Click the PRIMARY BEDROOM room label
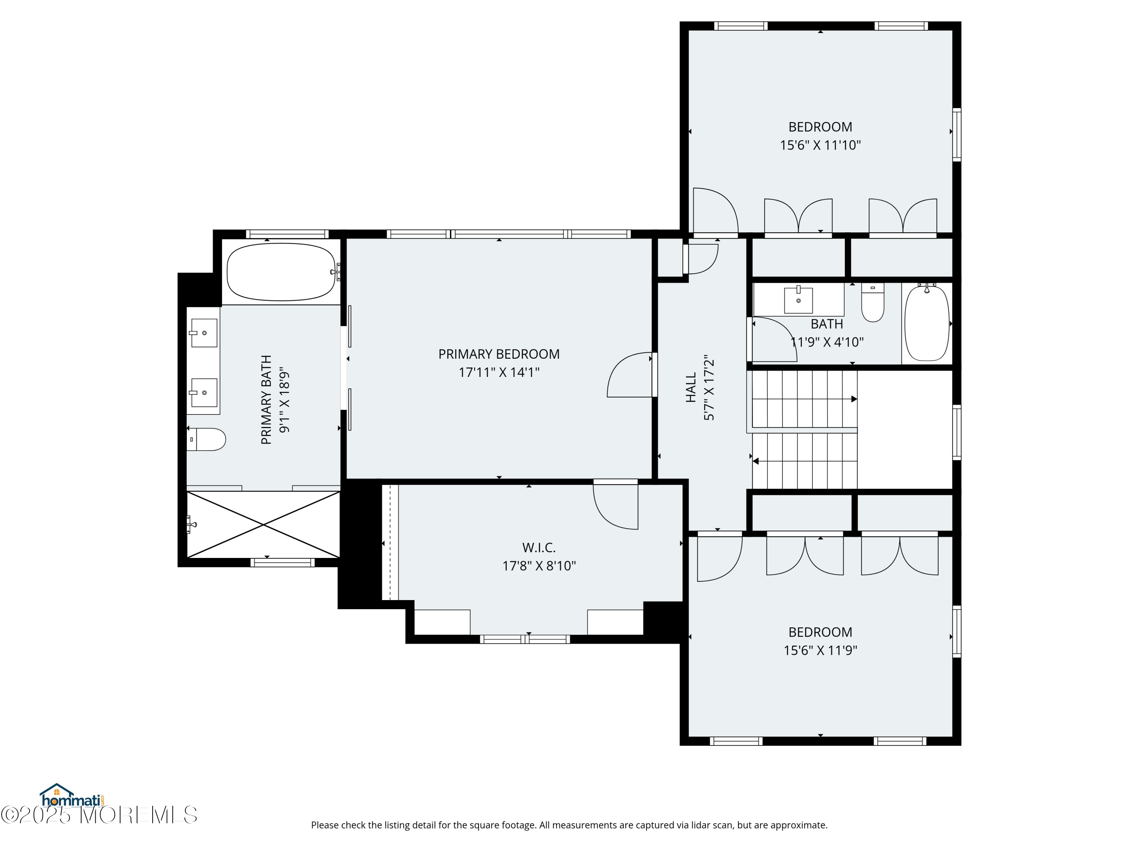point(499,354)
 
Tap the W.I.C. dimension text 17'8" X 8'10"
point(539,566)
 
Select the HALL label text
point(691,388)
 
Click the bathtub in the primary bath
point(281,272)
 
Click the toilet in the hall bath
point(873,302)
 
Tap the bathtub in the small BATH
point(927,322)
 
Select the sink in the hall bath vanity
point(798,299)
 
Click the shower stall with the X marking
point(263,525)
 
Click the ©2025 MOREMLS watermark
point(99,815)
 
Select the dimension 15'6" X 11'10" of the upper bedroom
point(820,145)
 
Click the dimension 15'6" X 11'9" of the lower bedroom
point(820,650)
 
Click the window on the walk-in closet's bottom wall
point(525,639)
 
